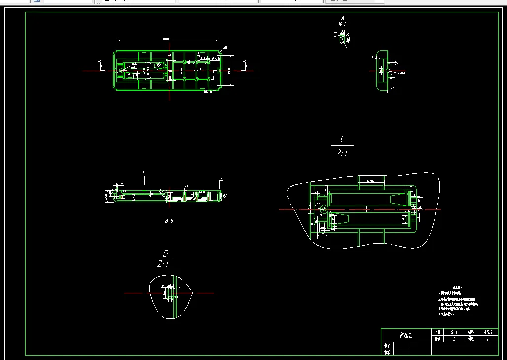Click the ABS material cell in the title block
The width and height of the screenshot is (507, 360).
[x=488, y=333]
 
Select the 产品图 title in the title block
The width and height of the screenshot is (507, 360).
[x=406, y=336]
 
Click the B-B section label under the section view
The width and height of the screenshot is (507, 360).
[x=169, y=221]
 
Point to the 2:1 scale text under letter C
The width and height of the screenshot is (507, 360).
[x=342, y=153]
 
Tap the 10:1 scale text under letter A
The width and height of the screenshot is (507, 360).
[x=342, y=24]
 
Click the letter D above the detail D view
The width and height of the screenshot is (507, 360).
[x=166, y=253]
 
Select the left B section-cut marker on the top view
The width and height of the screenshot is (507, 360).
[x=100, y=63]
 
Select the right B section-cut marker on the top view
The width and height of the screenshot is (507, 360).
[x=244, y=63]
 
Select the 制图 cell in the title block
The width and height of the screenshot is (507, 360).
[x=387, y=346]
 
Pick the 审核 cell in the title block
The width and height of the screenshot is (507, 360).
[x=387, y=353]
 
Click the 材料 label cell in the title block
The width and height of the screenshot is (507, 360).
[x=471, y=333]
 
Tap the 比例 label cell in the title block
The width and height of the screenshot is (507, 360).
[x=437, y=333]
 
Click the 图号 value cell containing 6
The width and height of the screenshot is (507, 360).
[x=454, y=339]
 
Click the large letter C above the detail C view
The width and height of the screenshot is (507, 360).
[x=343, y=140]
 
